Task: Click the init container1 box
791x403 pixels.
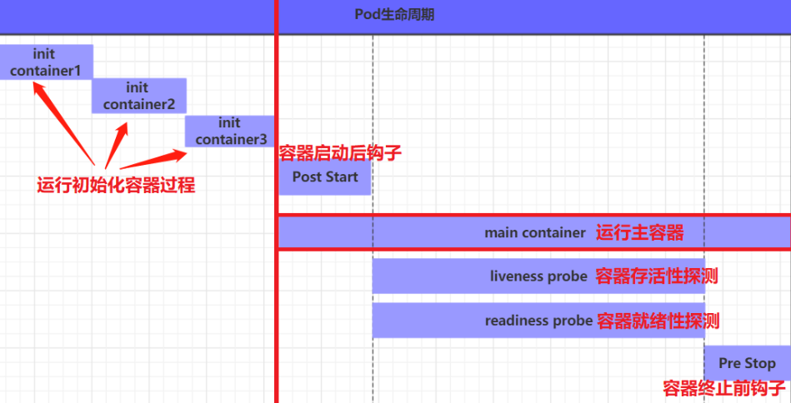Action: click(x=46, y=62)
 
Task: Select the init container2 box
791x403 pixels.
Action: click(x=139, y=96)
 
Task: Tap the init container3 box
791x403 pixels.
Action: click(x=230, y=132)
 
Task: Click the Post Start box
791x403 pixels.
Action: click(x=324, y=177)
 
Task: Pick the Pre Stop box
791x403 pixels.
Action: click(x=747, y=363)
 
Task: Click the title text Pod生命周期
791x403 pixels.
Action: click(x=394, y=15)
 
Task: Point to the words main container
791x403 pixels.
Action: click(x=535, y=233)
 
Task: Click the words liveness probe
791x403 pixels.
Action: click(x=538, y=276)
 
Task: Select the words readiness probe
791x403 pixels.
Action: click(x=538, y=321)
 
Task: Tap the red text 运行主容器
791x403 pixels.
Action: click(x=639, y=233)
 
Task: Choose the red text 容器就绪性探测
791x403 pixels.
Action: click(x=658, y=321)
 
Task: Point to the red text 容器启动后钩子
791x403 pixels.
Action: click(x=340, y=152)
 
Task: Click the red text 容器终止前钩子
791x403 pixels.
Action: click(x=724, y=389)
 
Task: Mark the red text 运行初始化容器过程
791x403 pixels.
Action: click(x=116, y=185)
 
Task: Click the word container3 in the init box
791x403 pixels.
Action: click(x=231, y=140)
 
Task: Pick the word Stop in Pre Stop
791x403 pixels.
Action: click(x=761, y=363)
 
